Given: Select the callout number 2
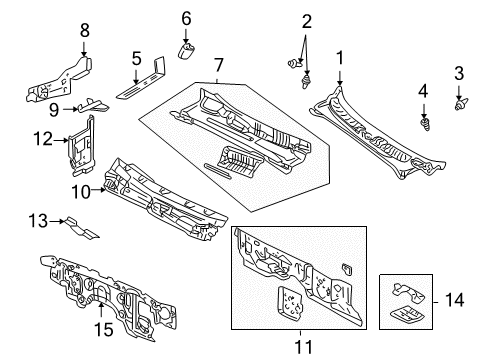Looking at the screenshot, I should (x=307, y=21).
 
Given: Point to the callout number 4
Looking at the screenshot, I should (x=423, y=91).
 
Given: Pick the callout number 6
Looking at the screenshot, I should (x=185, y=18).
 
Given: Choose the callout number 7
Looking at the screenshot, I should (x=219, y=65).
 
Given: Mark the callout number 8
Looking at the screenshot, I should (x=84, y=30).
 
